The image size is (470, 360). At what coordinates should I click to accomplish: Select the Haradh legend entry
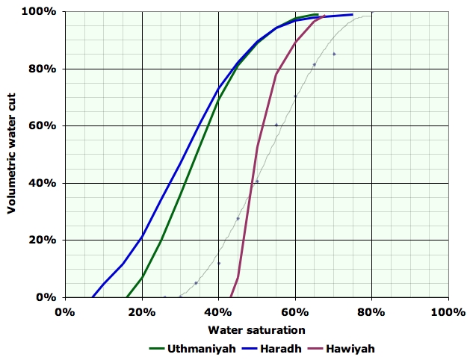[x=276, y=348]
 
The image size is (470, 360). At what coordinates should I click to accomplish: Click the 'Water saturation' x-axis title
[x=256, y=329]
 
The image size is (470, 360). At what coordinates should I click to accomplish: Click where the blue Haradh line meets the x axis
[x=93, y=297]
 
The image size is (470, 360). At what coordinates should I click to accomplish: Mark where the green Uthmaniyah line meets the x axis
[x=127, y=297]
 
